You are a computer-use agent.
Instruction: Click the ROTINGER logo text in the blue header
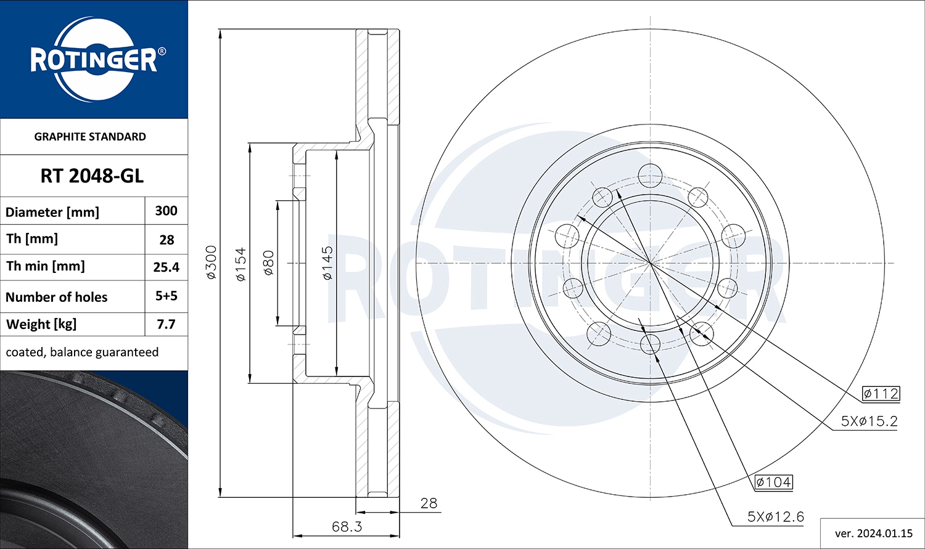click(x=94, y=60)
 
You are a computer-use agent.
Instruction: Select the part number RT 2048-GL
click(x=92, y=176)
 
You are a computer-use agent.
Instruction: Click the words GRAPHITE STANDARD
click(x=90, y=137)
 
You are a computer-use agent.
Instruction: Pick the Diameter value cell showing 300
click(x=166, y=211)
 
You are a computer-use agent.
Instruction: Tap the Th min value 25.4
click(x=166, y=267)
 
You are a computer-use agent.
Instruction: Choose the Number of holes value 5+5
click(x=166, y=296)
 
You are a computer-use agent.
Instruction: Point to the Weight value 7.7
click(x=166, y=324)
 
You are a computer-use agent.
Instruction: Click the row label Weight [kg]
click(x=41, y=325)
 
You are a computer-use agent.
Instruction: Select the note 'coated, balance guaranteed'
click(x=82, y=352)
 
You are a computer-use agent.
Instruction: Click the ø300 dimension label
click(x=211, y=262)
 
